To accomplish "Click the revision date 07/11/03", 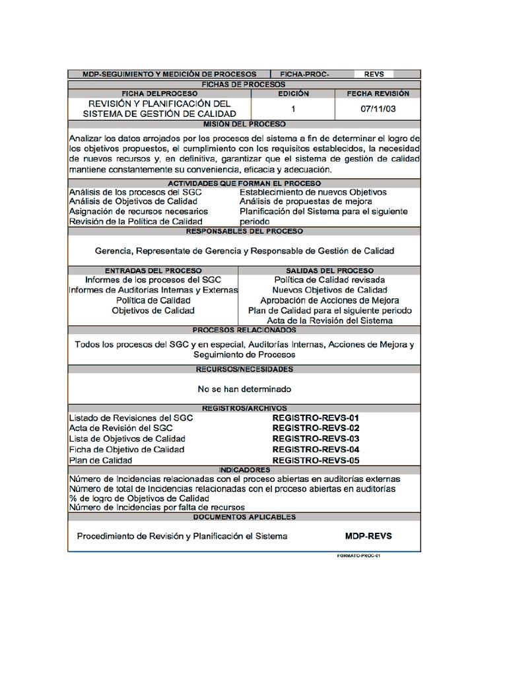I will point(378,109).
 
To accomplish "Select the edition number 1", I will point(293,109).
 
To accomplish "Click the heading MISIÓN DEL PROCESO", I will point(244,124).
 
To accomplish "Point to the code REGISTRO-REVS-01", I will point(316,418).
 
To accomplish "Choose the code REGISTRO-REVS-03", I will point(316,439).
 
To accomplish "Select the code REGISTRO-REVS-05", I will point(316,460).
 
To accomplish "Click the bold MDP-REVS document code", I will point(368,536).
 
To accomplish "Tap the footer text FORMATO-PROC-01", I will point(359,556).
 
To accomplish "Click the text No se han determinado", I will point(244,389).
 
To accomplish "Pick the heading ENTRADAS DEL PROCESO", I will point(152,271).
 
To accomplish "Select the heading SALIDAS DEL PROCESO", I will point(329,271).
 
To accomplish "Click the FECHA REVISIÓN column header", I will point(378,94).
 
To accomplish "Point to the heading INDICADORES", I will point(244,469).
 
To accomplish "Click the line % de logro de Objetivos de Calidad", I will point(139,498).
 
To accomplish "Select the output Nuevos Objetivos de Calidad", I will point(329,290).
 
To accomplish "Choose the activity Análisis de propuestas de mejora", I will point(306,201).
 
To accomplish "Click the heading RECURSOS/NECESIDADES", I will point(244,370).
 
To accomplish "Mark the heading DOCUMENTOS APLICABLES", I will point(244,518).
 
